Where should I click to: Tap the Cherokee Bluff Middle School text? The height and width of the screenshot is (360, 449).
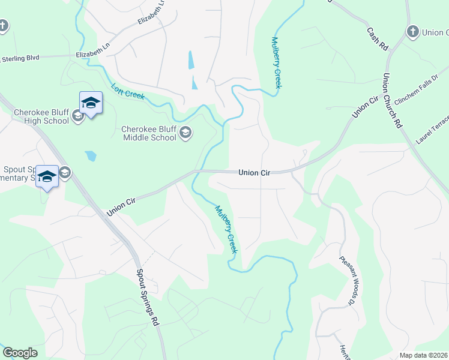tap(149, 133)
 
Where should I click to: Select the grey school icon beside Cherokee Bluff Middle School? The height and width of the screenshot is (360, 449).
tap(185, 133)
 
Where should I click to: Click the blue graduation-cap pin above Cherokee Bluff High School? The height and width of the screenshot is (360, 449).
tap(91, 103)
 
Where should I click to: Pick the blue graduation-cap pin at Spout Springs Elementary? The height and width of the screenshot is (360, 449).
tap(47, 176)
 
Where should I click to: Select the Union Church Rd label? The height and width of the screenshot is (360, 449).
tap(391, 100)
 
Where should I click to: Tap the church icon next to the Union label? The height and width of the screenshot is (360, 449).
tap(412, 32)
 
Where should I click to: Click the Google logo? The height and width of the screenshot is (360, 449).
tap(20, 353)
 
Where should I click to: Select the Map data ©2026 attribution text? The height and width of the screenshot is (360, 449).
tap(424, 355)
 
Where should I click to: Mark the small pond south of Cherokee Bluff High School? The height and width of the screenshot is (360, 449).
tap(90, 156)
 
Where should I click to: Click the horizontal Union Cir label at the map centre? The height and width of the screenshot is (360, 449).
tap(255, 173)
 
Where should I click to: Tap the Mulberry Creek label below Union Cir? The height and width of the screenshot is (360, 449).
tap(227, 229)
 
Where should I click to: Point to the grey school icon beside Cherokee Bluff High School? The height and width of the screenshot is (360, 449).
tap(77, 116)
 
